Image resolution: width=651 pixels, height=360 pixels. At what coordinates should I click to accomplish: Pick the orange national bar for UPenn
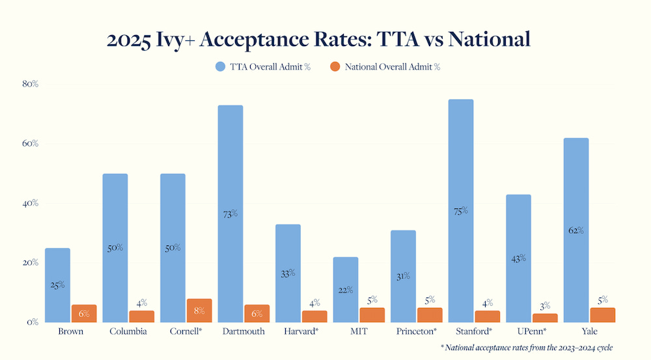[545, 318]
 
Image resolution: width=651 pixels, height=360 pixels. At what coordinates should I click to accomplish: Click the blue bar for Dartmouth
[230, 163]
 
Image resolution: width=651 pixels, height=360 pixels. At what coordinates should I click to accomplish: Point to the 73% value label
[230, 214]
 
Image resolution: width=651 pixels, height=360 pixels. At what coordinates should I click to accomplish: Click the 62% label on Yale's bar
[575, 230]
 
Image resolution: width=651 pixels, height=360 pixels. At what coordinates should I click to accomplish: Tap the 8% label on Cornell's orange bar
[199, 311]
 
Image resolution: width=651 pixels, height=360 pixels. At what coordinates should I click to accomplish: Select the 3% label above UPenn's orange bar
[545, 305]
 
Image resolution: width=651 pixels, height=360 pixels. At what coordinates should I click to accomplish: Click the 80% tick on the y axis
[31, 84]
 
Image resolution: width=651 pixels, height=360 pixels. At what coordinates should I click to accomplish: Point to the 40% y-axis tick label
[31, 203]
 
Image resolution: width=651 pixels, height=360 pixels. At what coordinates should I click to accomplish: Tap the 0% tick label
[33, 322]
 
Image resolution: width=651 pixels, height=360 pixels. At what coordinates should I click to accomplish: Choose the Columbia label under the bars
[128, 332]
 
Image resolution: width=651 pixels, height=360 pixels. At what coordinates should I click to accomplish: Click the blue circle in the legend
[220, 66]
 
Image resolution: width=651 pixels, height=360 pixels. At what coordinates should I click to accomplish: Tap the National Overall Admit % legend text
[393, 66]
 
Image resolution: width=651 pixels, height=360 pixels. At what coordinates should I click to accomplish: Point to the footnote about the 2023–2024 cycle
[527, 348]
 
